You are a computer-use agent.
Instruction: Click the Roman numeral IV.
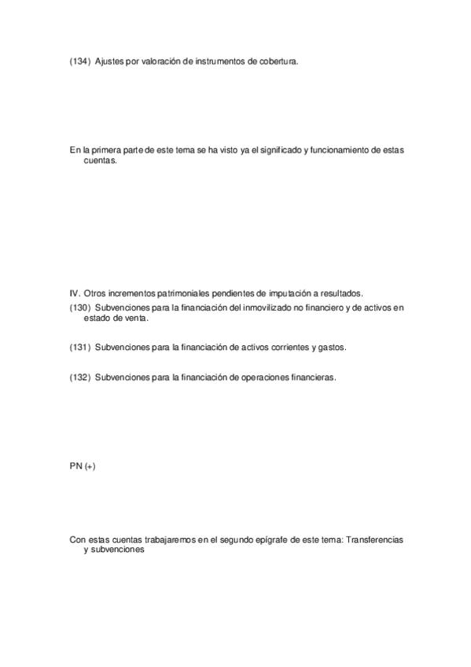(75, 293)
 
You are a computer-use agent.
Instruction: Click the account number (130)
(80, 308)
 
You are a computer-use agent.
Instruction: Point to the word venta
(133, 319)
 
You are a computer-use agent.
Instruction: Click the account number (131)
(80, 346)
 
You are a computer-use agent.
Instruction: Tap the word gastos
(330, 346)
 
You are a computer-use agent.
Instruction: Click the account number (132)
(80, 377)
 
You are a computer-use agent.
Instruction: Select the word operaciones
(269, 377)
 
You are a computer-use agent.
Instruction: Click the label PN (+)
(83, 466)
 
